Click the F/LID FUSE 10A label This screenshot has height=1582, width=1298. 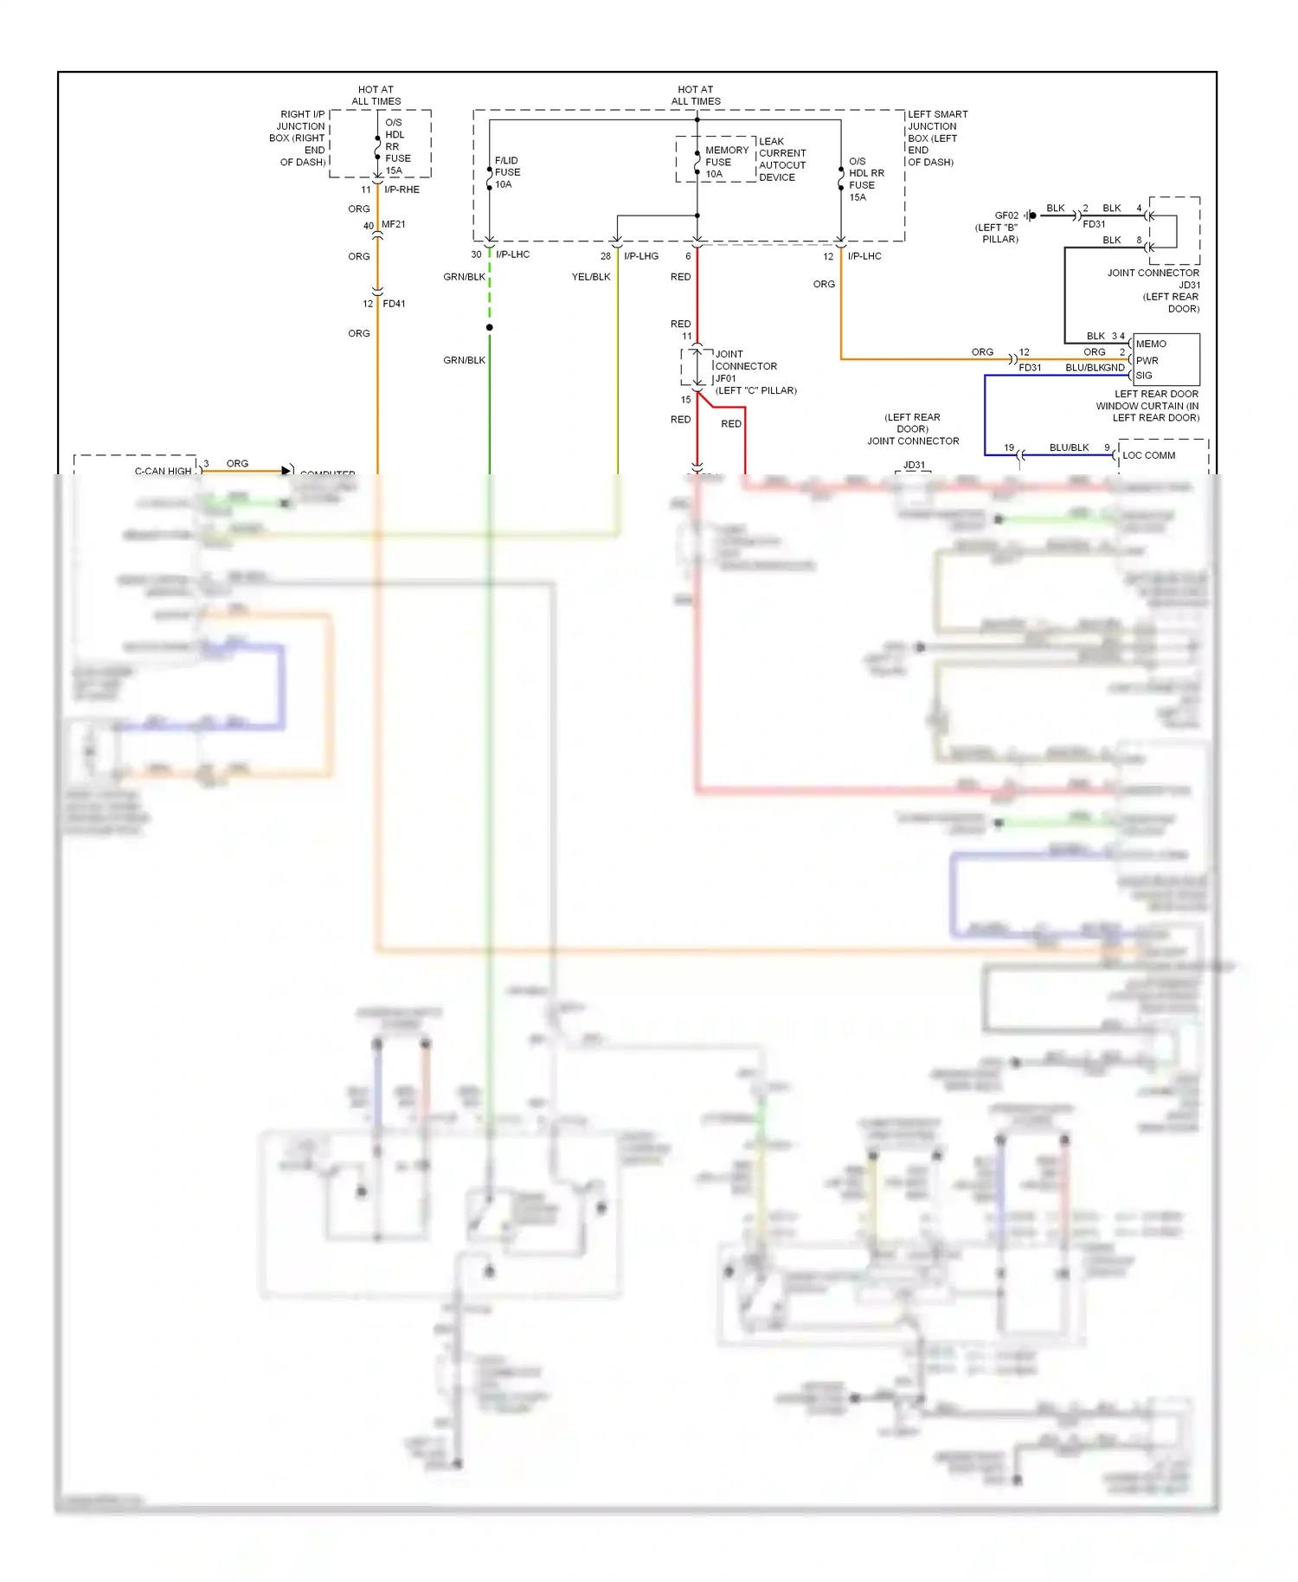pyautogui.click(x=507, y=172)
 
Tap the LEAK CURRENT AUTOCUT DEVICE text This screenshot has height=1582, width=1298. pyautogui.click(x=781, y=159)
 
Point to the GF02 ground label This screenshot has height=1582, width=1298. pyautogui.click(x=1006, y=215)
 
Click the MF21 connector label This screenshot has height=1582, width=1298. pyautogui.click(x=393, y=224)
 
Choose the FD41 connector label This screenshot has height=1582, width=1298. pyautogui.click(x=394, y=304)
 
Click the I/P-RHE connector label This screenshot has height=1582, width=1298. pyautogui.click(x=402, y=190)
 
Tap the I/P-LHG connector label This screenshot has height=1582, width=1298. pyautogui.click(x=641, y=256)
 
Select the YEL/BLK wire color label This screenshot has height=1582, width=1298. pyautogui.click(x=591, y=277)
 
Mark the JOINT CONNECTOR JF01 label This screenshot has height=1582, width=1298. pyautogui.click(x=745, y=366)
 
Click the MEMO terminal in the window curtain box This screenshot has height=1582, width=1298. pyautogui.click(x=1151, y=344)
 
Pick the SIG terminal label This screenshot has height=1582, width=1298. pyautogui.click(x=1144, y=376)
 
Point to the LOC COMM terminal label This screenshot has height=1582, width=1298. pyautogui.click(x=1148, y=455)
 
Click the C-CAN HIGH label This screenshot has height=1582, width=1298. pyautogui.click(x=163, y=471)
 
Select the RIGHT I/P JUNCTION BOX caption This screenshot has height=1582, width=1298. pyautogui.click(x=299, y=138)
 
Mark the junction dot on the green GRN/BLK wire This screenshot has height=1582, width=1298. pyautogui.click(x=490, y=327)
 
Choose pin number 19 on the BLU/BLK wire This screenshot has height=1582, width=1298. pyautogui.click(x=1009, y=447)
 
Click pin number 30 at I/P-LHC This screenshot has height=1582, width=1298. pyautogui.click(x=476, y=254)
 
